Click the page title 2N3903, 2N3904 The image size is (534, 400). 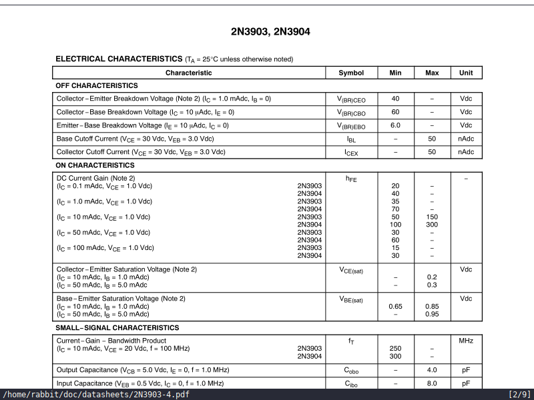[270, 31]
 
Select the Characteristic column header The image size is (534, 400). [189, 73]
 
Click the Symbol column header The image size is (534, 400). [351, 73]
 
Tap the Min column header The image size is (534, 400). [395, 73]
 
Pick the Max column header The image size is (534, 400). [432, 73]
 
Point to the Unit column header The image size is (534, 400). [466, 73]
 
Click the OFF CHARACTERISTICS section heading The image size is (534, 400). [97, 85]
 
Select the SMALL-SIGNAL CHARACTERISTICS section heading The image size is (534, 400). [117, 328]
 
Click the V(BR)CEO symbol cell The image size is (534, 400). [351, 99]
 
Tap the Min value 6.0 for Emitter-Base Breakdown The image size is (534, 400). [395, 125]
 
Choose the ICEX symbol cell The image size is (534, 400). [351, 153]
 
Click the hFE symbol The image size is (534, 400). [351, 179]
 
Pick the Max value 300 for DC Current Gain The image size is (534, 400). [432, 225]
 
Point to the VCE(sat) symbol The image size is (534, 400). [351, 270]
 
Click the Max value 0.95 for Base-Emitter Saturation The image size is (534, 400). [432, 314]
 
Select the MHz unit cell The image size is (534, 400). [466, 341]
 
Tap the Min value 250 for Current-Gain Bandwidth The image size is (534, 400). [395, 349]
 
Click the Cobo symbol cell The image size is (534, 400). [351, 370]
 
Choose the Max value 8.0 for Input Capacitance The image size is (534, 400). [432, 383]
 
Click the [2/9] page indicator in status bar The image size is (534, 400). [519, 395]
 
